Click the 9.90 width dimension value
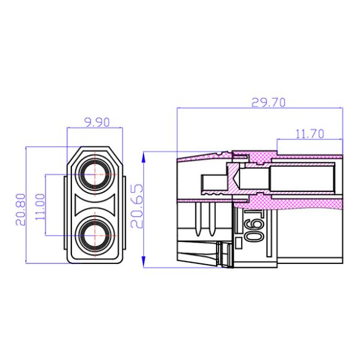pos(95,122)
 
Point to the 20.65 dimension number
pos(137,207)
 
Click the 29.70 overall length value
pos(268,103)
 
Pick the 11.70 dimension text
pos(310,134)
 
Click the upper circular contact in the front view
pos(95,174)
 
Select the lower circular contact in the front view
pos(95,234)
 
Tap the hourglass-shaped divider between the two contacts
pos(95,204)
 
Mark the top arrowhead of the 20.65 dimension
pos(143,156)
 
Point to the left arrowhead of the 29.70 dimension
pos(180,108)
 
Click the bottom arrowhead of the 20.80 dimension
pos(26,261)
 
